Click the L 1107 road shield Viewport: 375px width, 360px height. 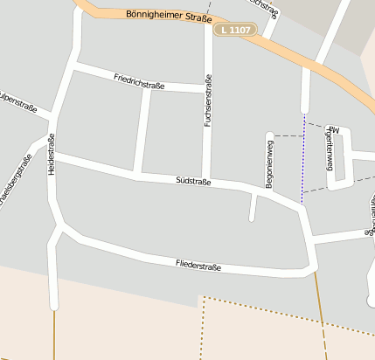[x=234, y=31]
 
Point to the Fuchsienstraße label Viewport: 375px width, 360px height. [x=208, y=100]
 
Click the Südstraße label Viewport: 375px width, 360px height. [x=193, y=181]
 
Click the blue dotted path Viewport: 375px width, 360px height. [x=303, y=157]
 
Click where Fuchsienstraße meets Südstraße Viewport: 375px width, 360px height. [x=206, y=180]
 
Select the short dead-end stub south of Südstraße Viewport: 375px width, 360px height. [x=253, y=210]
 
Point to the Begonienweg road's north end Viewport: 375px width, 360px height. [x=269, y=135]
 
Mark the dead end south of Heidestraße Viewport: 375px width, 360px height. [x=54, y=306]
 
